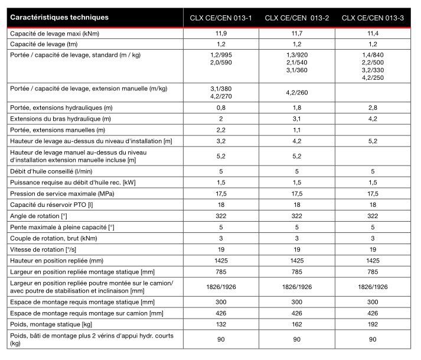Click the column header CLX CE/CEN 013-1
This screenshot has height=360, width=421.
coord(221,18)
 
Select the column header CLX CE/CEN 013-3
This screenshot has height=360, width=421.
coord(373,18)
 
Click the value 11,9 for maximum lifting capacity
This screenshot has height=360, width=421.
coord(221,34)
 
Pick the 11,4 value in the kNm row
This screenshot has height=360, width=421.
coord(373,34)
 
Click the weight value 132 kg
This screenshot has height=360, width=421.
coord(221,325)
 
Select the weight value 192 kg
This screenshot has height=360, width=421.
coord(373,325)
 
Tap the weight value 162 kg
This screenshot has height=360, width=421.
coord(297,325)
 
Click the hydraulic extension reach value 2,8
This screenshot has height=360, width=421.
coord(373,108)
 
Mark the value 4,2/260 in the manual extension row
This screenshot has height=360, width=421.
coord(297,93)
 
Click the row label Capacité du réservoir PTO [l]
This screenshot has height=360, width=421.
coord(53,205)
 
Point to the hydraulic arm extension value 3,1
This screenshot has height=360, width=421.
coord(297,119)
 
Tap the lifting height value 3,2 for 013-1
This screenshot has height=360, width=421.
coord(221,141)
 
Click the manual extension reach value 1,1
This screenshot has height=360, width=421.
coord(297,129)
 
